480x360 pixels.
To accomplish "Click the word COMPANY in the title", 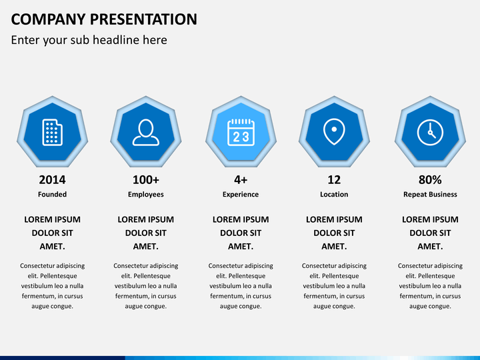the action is pos(49,19).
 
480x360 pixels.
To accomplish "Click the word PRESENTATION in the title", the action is pos(143,19).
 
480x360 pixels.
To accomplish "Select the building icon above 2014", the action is pos(53,132).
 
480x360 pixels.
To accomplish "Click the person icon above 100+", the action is pos(146,132).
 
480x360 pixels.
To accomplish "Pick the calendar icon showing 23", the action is pos(241,132).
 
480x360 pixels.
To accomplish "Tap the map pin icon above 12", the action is pos(334,131).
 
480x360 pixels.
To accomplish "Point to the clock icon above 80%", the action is pos(430,132).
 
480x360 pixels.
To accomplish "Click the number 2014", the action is pos(53,180).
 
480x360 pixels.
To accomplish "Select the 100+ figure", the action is pos(146,180).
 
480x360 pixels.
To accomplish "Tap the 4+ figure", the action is pos(241,180).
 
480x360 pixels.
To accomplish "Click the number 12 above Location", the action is pos(334,180).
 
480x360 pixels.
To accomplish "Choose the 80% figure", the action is pos(430,180).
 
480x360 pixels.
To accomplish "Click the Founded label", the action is pos(53,195).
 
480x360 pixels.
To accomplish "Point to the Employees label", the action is pos(146,195).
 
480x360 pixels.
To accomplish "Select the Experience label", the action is pos(241,195).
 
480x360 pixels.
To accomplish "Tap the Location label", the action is pos(334,195).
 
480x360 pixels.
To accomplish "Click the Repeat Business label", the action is pos(430,195).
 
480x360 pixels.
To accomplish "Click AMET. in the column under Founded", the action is pos(53,247).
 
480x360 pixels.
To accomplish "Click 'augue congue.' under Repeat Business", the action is pos(430,306).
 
